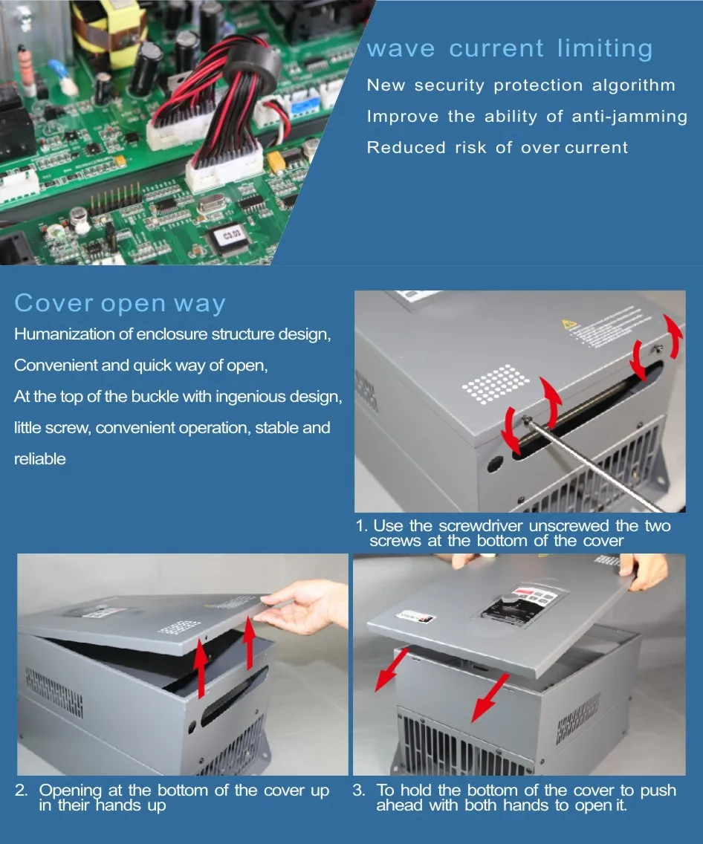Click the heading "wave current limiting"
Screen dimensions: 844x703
pyautogui.click(x=510, y=49)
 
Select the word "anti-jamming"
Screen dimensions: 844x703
pyautogui.click(x=629, y=117)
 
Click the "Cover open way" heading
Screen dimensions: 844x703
pyautogui.click(x=120, y=303)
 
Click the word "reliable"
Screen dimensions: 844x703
pyautogui.click(x=40, y=459)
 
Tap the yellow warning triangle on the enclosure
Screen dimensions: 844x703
pyautogui.click(x=570, y=325)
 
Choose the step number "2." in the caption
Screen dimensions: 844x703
pyautogui.click(x=22, y=791)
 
